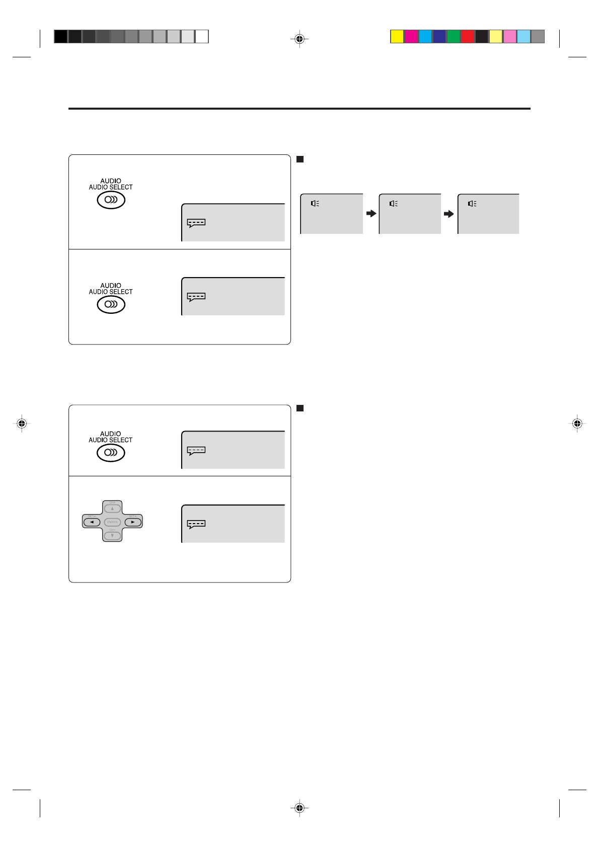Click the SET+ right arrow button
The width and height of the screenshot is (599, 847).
132,522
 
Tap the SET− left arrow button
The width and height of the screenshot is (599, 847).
92,522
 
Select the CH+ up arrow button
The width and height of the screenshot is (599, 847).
112,509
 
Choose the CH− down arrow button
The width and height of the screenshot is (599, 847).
112,535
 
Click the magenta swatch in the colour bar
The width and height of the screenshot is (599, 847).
411,37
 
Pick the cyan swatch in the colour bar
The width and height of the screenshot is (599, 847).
425,37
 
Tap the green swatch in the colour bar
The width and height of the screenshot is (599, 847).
454,37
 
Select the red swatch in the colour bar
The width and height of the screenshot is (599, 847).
468,37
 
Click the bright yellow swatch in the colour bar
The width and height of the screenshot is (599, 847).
397,37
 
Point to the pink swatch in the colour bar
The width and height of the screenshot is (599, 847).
510,37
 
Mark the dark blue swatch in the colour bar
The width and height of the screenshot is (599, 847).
439,37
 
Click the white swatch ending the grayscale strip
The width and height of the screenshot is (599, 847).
202,37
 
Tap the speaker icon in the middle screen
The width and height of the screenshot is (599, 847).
394,204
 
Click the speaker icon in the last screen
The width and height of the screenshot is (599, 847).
472,204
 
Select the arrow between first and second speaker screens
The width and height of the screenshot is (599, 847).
371,214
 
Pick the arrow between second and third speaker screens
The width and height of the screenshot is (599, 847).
449,214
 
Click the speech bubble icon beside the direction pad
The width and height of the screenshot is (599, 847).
196,524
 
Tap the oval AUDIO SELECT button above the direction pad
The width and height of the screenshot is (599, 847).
111,453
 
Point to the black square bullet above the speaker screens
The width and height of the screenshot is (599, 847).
300,159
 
